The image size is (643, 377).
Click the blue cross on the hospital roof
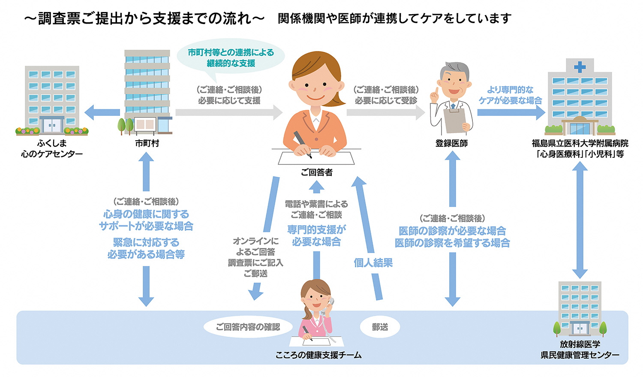580,67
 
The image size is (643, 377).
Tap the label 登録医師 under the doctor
451,144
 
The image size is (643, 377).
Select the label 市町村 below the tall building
147,144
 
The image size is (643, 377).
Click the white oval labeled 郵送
380,327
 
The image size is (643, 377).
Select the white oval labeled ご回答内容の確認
248,327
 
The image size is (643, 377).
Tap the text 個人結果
373,263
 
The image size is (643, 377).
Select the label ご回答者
316,172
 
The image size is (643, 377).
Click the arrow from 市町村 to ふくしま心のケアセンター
102,113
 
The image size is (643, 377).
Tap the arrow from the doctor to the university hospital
510,113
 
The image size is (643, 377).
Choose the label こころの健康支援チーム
318,355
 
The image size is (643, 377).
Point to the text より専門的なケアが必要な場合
510,95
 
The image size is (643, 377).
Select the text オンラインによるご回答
255,246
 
